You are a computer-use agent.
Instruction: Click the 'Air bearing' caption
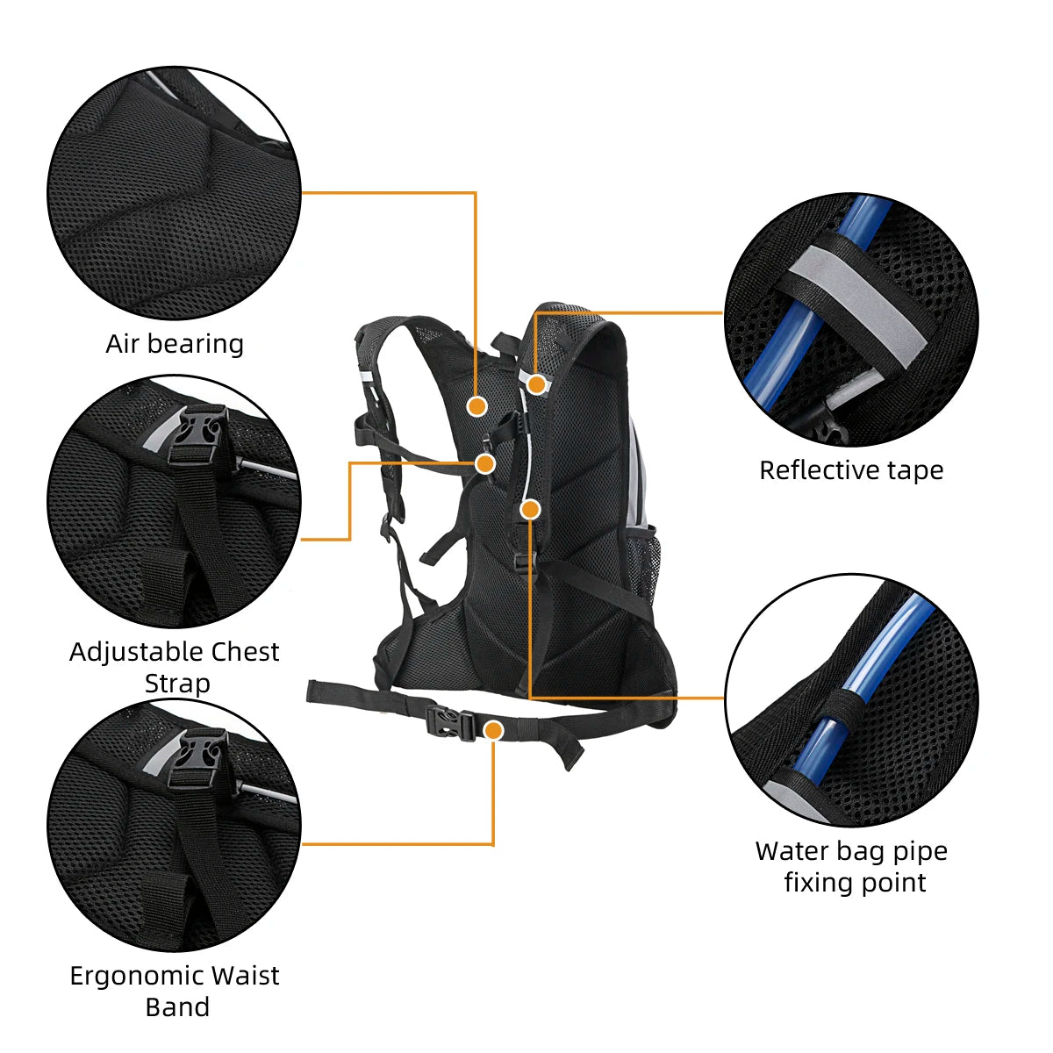(175, 344)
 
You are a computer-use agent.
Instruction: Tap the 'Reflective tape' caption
(851, 470)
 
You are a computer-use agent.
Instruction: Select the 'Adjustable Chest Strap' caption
(175, 667)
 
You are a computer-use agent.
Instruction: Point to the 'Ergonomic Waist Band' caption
(175, 991)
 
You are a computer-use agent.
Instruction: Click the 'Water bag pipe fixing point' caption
(852, 866)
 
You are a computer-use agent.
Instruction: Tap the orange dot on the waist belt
(494, 730)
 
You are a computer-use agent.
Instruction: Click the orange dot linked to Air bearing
(476, 405)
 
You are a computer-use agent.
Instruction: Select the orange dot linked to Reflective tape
(537, 383)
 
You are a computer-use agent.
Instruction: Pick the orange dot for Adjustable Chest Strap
(485, 463)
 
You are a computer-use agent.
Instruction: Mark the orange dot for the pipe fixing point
(529, 509)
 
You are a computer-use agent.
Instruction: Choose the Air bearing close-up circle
(175, 193)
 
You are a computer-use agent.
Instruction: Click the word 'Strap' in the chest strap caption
(176, 684)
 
